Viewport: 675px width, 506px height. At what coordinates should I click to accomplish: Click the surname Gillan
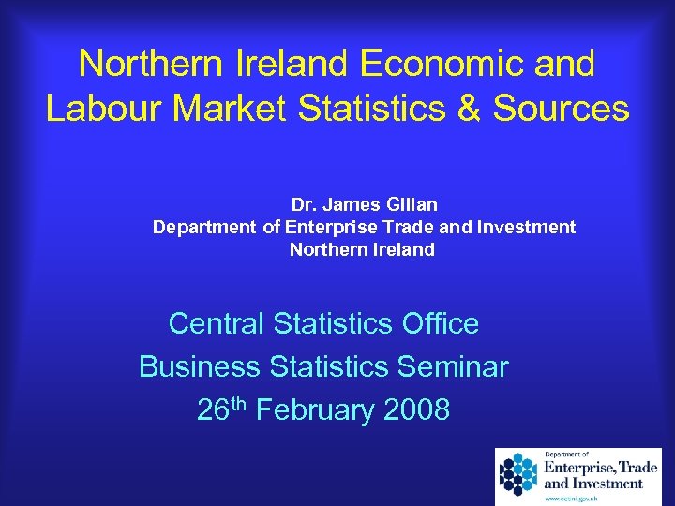[408, 204]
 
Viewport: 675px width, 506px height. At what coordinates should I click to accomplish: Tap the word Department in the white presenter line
[204, 227]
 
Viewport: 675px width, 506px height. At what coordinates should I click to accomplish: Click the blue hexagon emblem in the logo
[517, 474]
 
